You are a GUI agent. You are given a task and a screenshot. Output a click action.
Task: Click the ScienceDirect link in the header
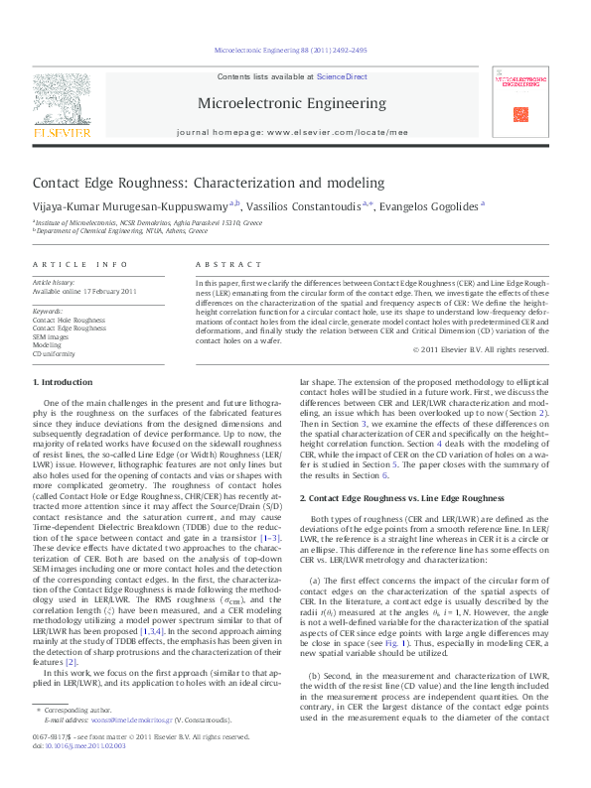[x=342, y=76]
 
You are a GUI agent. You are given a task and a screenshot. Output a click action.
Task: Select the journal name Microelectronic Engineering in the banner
[x=292, y=103]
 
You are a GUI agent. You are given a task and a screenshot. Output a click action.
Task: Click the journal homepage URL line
[x=292, y=131]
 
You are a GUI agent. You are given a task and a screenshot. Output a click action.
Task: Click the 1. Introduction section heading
[x=63, y=382]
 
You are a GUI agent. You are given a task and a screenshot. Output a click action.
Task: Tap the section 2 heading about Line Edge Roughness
[x=393, y=498]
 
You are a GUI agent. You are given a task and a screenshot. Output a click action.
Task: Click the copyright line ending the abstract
[x=480, y=349]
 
